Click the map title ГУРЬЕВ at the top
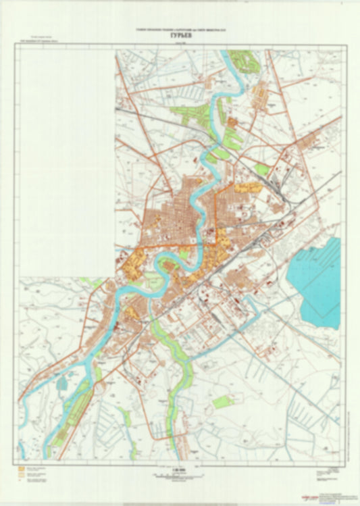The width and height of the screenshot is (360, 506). [x=180, y=38]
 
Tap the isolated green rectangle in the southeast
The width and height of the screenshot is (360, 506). [x=223, y=403]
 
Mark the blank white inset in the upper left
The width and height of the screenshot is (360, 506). [x=66, y=162]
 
